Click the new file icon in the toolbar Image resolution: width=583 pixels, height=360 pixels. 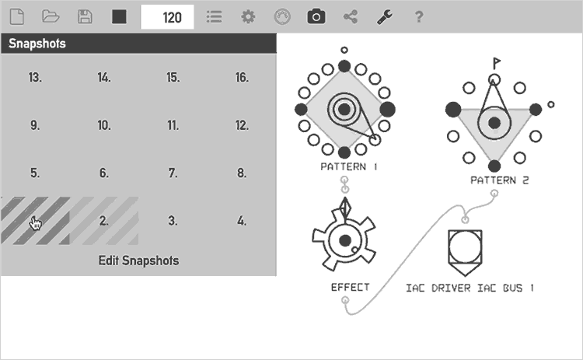(17, 17)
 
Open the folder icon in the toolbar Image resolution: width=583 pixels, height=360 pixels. (51, 16)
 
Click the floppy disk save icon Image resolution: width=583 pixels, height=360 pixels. (85, 17)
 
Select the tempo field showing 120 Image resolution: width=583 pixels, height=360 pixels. (167, 17)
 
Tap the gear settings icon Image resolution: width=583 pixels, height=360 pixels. (248, 17)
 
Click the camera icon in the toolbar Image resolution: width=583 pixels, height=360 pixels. (316, 17)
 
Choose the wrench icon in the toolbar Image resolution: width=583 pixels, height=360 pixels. (385, 17)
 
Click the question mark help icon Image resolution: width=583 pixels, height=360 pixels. (419, 17)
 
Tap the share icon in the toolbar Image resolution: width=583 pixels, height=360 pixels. (351, 17)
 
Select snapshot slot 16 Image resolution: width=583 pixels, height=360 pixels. (242, 77)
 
